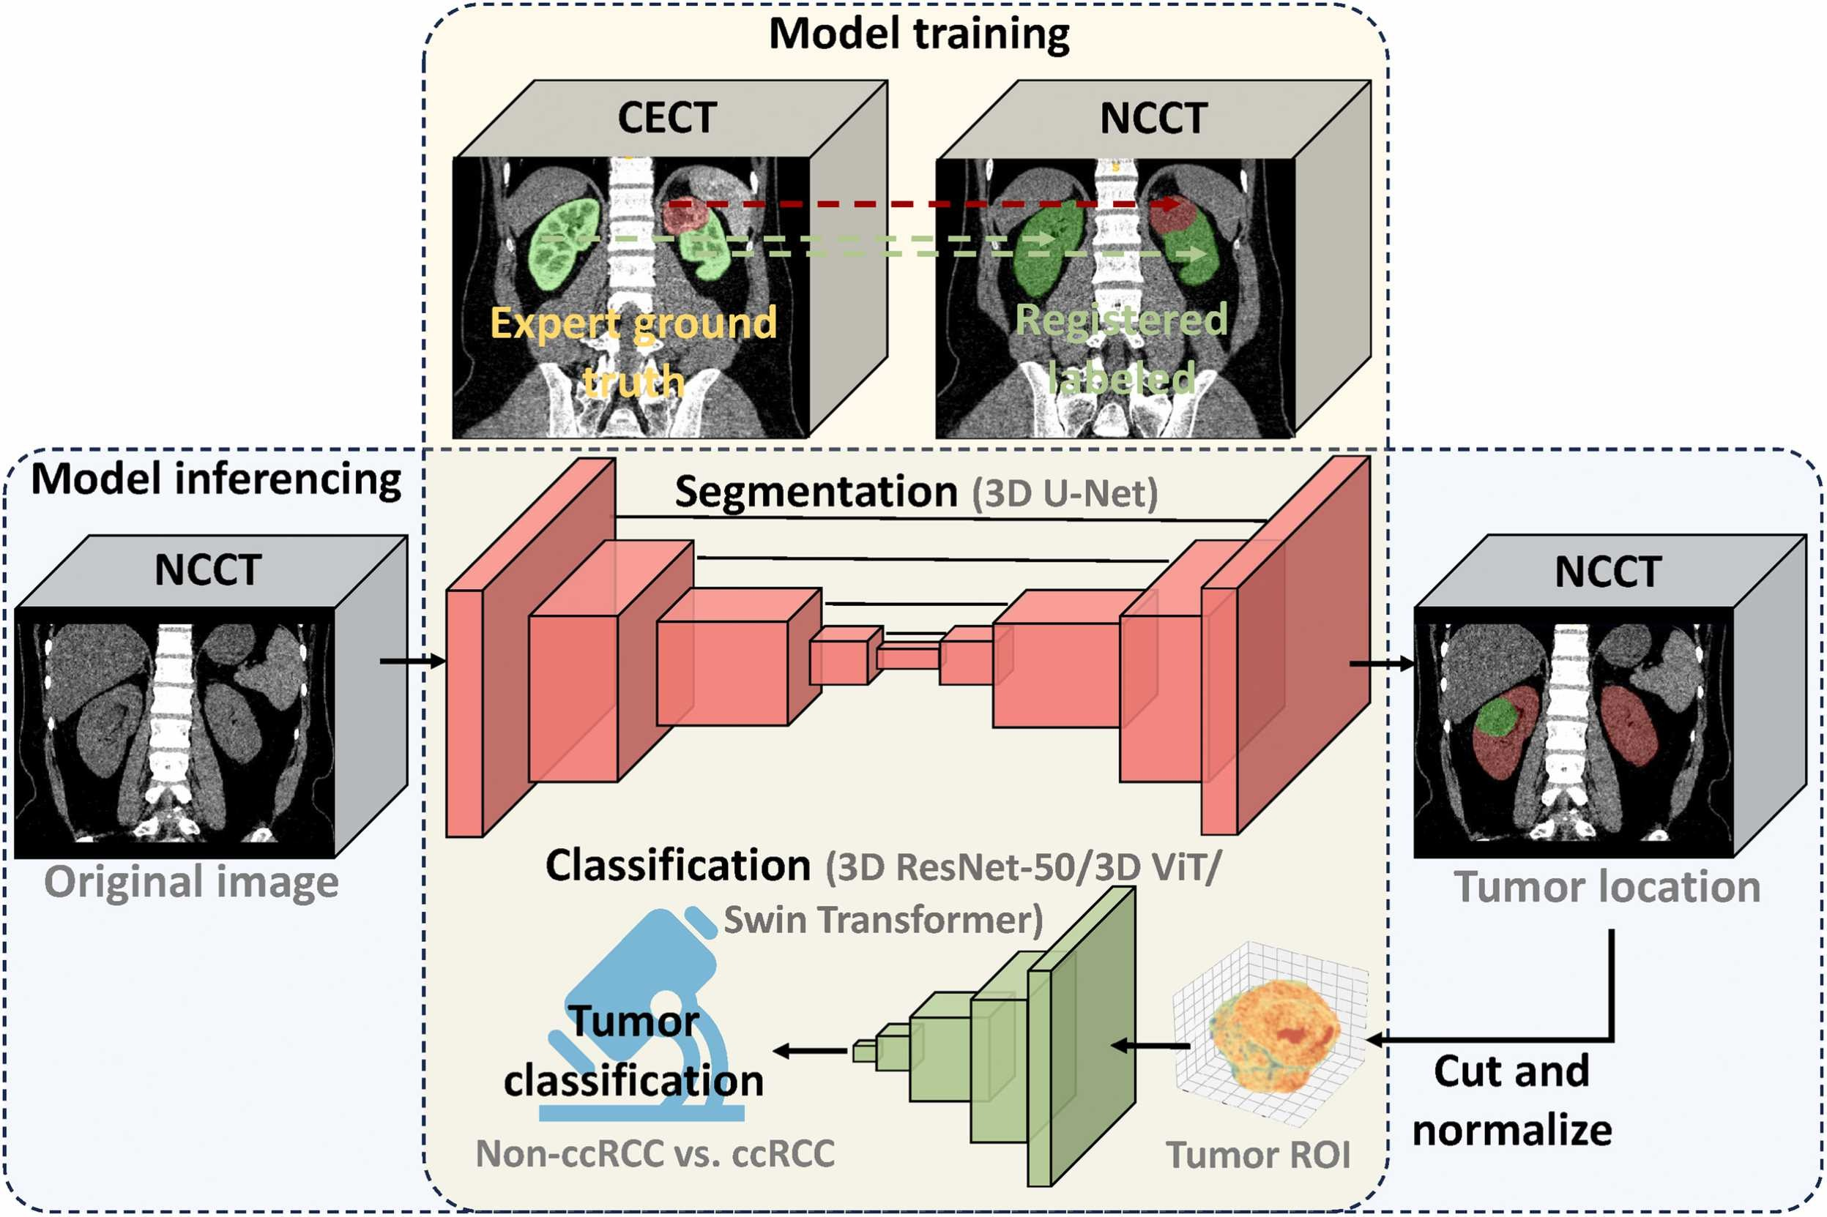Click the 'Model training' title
[918, 34]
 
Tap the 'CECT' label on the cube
[666, 118]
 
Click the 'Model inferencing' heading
[216, 479]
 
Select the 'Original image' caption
[191, 883]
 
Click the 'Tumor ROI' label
[1258, 1155]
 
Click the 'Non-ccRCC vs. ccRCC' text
[655, 1154]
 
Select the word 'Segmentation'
[816, 492]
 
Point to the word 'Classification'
[678, 866]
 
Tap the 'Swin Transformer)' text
[883, 921]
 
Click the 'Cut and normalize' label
[1511, 1101]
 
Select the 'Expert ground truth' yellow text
[633, 351]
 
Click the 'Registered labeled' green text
[1121, 348]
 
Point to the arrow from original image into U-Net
[412, 662]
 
